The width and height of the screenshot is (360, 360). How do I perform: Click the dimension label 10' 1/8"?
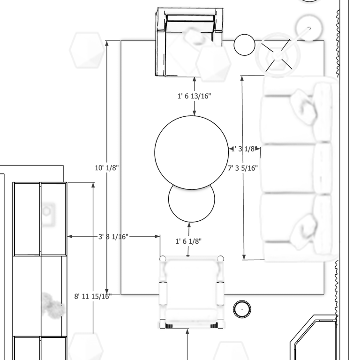click(x=107, y=168)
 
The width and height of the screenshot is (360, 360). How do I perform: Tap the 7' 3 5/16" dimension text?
click(x=243, y=168)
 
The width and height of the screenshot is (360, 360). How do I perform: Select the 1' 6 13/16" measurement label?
click(x=194, y=96)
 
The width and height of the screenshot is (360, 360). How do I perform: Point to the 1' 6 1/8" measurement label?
click(x=188, y=241)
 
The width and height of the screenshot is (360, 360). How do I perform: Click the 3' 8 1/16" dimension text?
click(x=113, y=236)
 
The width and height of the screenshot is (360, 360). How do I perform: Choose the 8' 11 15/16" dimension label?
click(x=93, y=296)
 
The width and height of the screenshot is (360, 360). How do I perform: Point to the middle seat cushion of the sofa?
click(x=287, y=168)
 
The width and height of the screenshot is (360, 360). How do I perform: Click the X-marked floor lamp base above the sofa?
click(x=277, y=55)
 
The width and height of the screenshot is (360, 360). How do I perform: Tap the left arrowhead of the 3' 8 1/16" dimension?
click(x=70, y=236)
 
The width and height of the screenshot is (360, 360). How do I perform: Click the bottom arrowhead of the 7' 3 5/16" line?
click(x=244, y=257)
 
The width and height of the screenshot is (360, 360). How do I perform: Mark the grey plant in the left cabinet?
click(x=53, y=306)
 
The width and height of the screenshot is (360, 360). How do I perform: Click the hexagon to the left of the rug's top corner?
click(x=87, y=50)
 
